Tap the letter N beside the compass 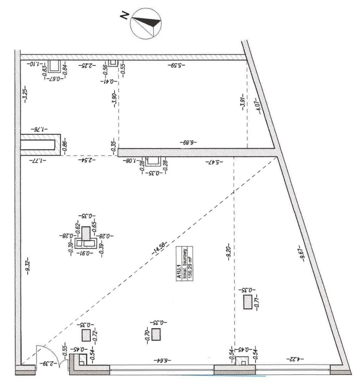pyautogui.click(x=124, y=16)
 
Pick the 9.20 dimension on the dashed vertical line pyautogui.click(x=229, y=253)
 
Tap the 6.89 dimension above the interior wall pyautogui.click(x=188, y=142)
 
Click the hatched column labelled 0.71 pyautogui.click(x=247, y=302)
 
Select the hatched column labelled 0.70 pyautogui.click(x=156, y=334)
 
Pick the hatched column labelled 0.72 pyautogui.click(x=86, y=335)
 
